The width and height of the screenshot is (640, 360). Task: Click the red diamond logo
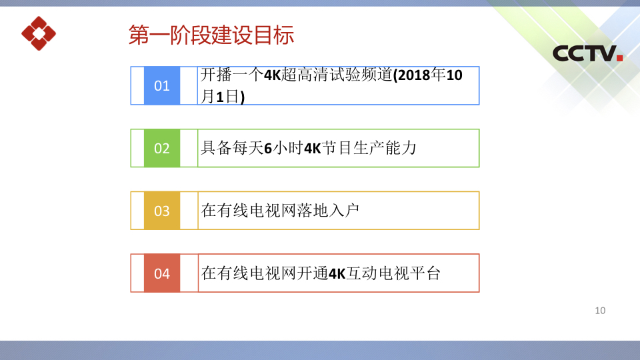39,33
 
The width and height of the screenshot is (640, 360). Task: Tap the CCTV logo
587,53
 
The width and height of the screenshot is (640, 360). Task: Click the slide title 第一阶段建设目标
211,35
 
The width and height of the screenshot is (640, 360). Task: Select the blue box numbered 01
162,86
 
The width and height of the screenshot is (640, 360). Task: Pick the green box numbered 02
162,148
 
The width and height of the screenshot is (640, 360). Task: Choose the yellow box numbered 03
162,211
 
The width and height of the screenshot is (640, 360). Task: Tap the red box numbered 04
162,273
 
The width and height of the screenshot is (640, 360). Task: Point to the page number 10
600,311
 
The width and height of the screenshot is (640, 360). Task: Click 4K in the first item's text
272,75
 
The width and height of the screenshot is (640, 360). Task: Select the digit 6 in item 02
268,148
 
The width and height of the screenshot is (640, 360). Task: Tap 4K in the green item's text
313,148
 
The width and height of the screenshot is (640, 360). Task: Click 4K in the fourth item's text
337,273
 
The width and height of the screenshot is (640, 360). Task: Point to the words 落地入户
329,211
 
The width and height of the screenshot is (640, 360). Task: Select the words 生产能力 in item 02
385,148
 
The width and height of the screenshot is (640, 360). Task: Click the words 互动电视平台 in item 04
393,273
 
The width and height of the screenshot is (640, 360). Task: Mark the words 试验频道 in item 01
361,75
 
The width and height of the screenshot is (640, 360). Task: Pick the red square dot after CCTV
619,57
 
